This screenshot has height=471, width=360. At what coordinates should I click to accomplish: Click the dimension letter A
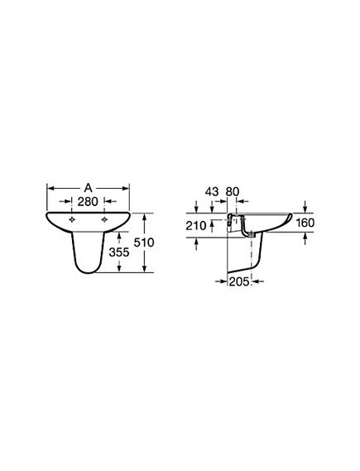(88, 188)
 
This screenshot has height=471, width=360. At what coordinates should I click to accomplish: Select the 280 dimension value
(88, 201)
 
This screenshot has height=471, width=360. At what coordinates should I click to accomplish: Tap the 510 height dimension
(144, 242)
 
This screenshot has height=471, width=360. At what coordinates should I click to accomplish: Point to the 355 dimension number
(119, 252)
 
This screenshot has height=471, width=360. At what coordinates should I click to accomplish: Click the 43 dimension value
(212, 192)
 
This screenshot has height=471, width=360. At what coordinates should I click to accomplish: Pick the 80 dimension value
(232, 192)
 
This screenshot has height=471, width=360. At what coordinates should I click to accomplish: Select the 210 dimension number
(196, 225)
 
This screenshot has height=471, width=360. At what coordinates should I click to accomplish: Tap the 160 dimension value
(305, 223)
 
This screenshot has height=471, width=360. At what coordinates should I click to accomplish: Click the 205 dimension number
(239, 281)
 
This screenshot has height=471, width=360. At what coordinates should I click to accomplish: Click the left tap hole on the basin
(72, 219)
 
